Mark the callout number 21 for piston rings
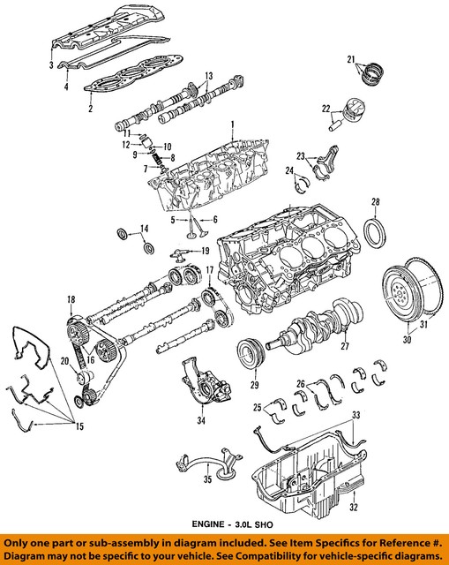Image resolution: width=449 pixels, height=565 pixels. pyautogui.click(x=353, y=58)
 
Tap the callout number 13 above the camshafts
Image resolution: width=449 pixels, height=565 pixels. pyautogui.click(x=209, y=75)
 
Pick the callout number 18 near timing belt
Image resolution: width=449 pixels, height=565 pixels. pyautogui.click(x=71, y=301)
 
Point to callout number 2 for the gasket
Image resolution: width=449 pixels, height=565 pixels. pyautogui.click(x=90, y=109)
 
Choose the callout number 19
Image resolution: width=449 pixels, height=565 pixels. pyautogui.click(x=205, y=251)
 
